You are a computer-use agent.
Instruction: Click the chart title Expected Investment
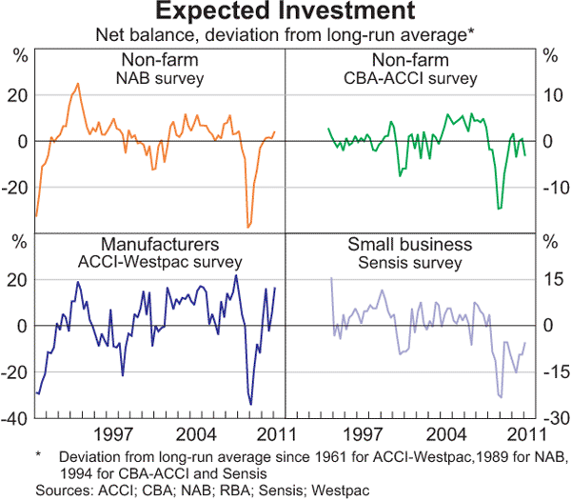(x=285, y=12)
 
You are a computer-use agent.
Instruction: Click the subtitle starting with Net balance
(x=285, y=33)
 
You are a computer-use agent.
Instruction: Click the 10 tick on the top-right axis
(x=550, y=95)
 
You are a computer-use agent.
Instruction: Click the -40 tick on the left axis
(x=17, y=419)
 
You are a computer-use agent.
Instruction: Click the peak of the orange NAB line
(x=78, y=84)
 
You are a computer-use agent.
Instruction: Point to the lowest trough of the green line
(x=500, y=208)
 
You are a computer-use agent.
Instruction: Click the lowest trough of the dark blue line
(x=251, y=404)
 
